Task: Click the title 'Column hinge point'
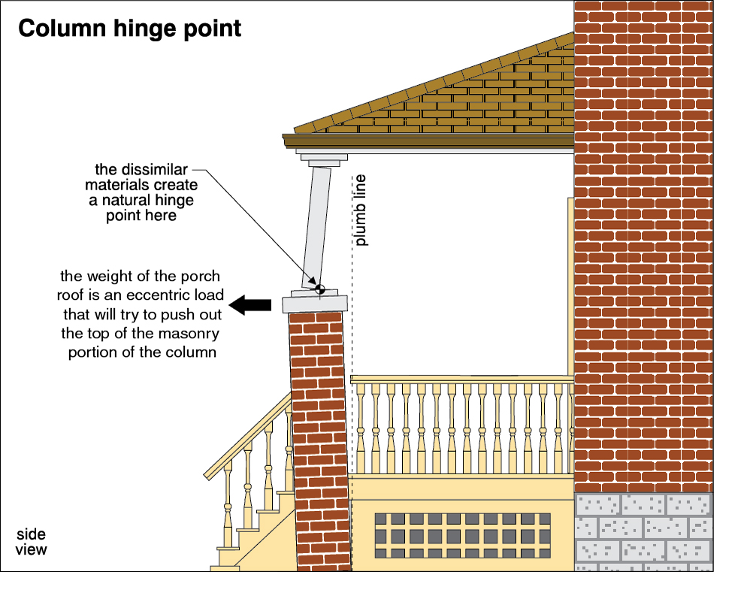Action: pos(129,29)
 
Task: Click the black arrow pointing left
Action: pos(249,304)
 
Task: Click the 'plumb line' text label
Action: pos(361,211)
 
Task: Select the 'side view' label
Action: pos(32,542)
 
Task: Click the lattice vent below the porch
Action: pos(461,535)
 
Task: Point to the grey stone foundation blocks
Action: pos(643,531)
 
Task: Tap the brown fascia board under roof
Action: pos(428,141)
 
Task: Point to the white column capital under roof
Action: pos(323,157)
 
